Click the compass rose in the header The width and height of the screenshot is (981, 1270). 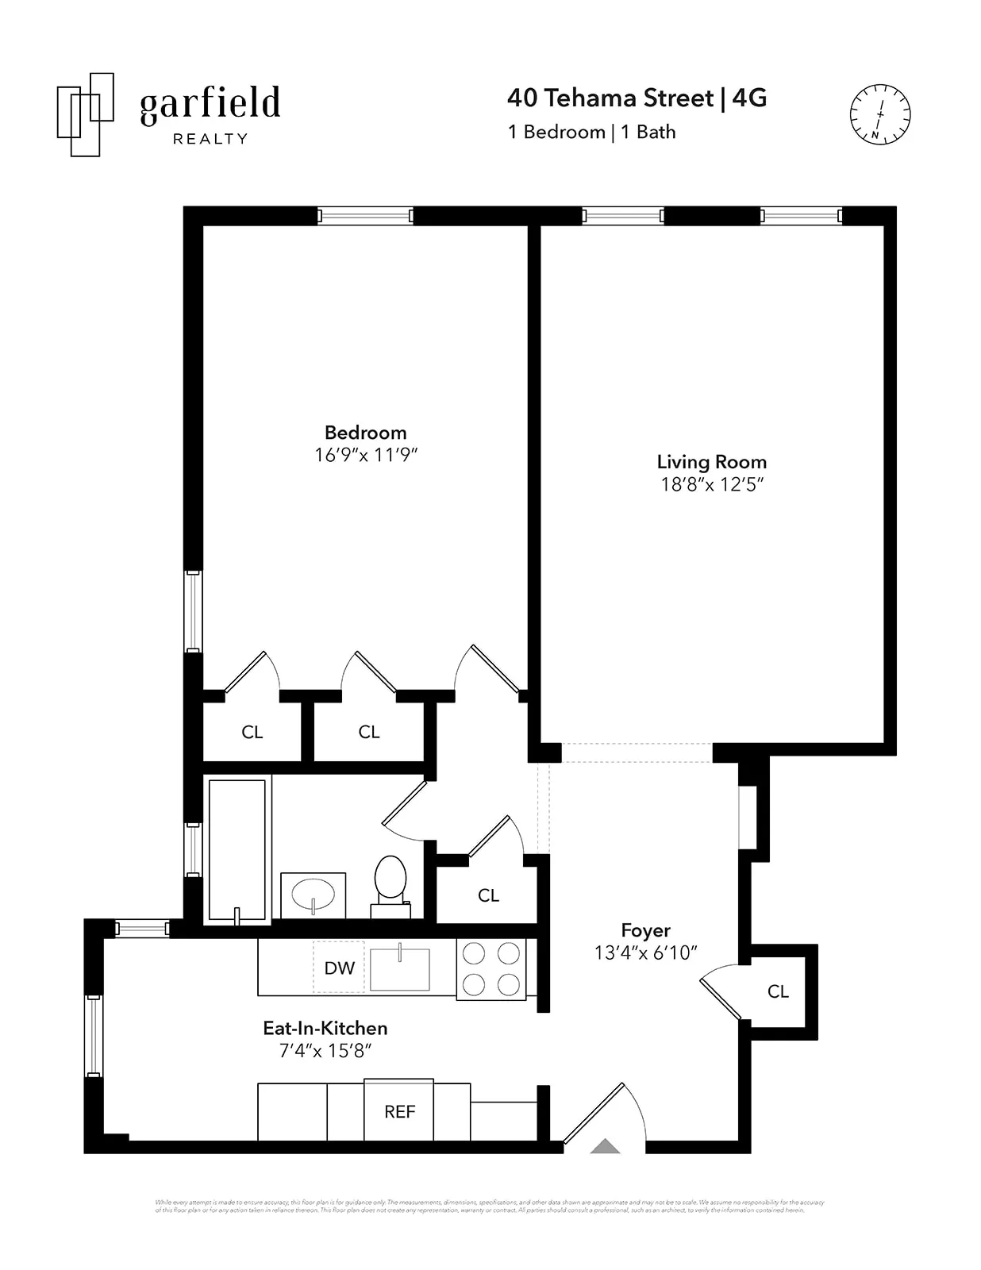coord(879,114)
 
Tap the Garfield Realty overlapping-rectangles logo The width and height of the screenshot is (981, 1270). coord(85,114)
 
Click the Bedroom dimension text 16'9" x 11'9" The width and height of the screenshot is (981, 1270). coord(366,455)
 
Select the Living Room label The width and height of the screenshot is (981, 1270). coord(711,462)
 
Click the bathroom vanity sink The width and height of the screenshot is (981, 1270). coord(314,895)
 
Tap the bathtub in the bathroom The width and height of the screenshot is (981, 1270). coord(237,849)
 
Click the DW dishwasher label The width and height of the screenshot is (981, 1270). coord(340,968)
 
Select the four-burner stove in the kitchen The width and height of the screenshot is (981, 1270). coord(491,968)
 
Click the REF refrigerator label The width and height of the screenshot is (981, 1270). coord(399,1111)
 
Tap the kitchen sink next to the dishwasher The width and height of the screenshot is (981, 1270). coord(400,968)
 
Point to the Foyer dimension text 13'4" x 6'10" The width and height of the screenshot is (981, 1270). coord(645,952)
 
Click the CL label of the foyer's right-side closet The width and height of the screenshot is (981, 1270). coord(778,991)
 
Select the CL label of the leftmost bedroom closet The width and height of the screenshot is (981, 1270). coord(252,732)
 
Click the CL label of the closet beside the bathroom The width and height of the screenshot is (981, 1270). coord(488,895)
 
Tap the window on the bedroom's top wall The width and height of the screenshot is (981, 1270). coord(365,215)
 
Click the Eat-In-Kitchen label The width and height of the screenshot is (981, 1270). coord(325,1028)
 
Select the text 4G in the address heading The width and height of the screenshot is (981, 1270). coord(749,98)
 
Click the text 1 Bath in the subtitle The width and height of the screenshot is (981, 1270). coord(648,132)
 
